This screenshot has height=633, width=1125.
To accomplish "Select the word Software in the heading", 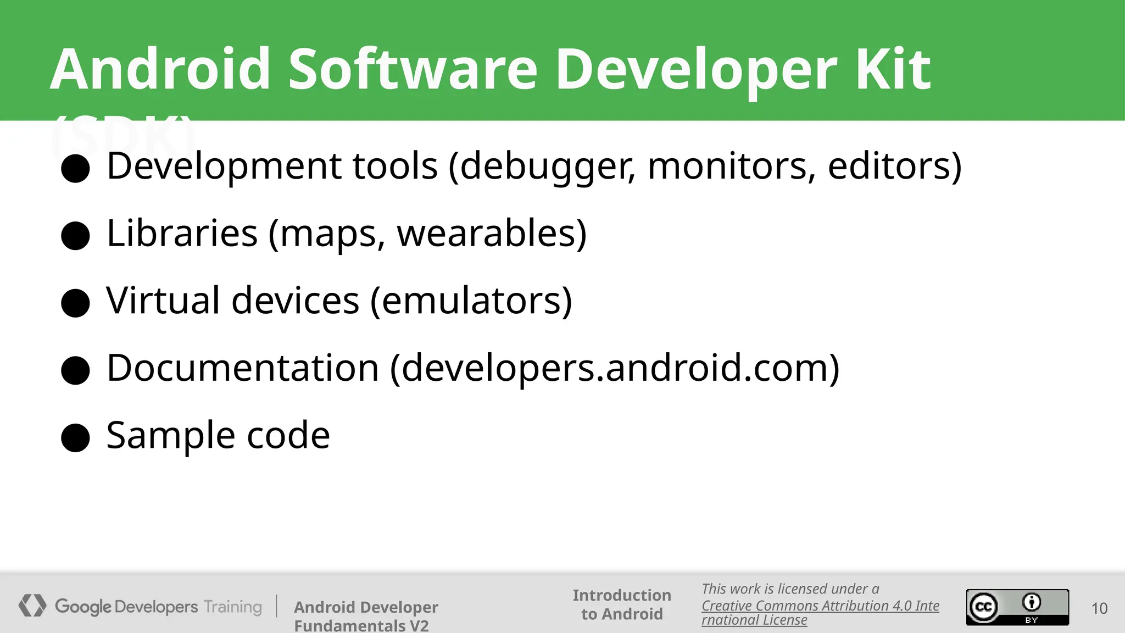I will (x=413, y=69).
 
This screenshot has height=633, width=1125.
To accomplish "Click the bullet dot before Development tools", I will (x=75, y=168).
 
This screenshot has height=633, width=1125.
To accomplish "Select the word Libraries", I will (x=182, y=234).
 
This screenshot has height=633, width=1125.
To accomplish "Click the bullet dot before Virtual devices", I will (x=75, y=303).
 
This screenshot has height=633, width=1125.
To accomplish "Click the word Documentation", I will (x=242, y=368).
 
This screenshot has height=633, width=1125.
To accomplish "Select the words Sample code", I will (x=218, y=435).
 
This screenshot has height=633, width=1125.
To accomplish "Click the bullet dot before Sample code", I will (x=75, y=437).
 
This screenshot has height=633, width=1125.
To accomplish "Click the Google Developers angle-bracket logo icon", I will (x=32, y=606).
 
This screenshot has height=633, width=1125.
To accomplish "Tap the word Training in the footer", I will (x=232, y=607).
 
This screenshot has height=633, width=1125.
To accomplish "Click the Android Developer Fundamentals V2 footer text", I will (x=365, y=615).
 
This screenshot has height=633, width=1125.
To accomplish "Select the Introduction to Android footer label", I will (x=622, y=604).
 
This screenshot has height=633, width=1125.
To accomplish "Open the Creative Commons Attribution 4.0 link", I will (x=820, y=606).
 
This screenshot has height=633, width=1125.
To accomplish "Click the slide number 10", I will (x=1099, y=608).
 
